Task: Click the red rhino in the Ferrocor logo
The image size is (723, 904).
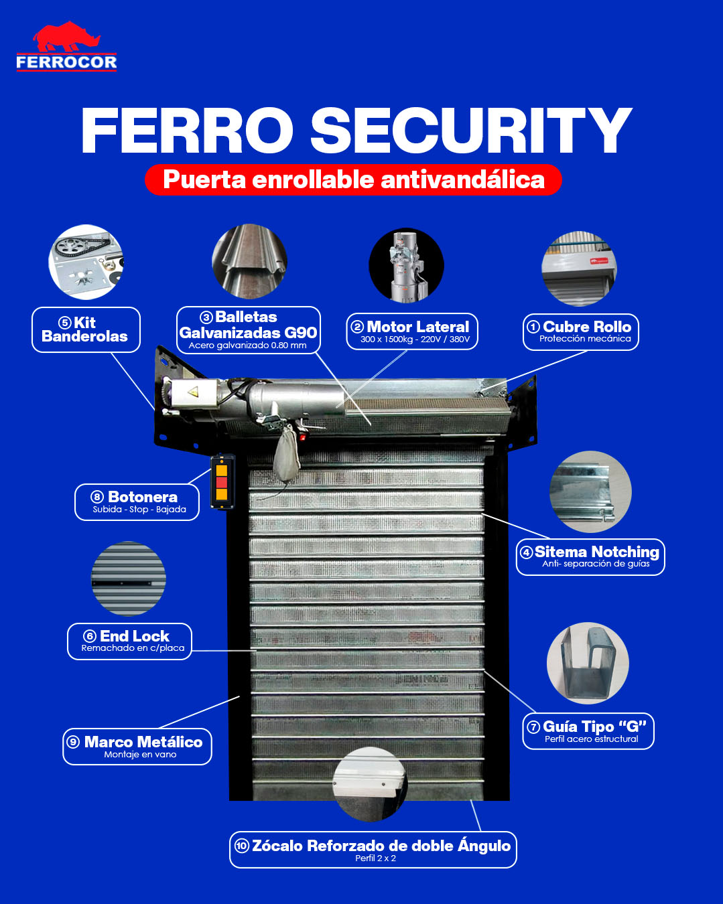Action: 66,37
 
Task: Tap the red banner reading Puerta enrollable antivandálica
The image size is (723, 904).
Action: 353,179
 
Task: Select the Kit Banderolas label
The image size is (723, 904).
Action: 86,329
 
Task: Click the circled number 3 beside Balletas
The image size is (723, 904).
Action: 206,317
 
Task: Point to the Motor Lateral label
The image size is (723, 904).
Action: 412,331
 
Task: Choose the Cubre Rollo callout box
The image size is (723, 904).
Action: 580,332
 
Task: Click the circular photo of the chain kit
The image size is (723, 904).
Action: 86,262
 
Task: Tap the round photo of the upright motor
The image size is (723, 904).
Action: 406,265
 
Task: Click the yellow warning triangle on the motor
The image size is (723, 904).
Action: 193,392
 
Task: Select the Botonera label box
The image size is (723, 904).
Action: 137,502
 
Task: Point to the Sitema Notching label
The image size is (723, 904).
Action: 590,557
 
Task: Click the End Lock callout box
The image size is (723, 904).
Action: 129,642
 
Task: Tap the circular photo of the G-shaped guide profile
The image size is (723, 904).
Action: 588,664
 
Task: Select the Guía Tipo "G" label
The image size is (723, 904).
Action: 588,731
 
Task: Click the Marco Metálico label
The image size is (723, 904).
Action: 137,747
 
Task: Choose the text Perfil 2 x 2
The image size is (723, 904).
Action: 375,858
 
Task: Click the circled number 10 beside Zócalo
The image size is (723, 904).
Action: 242,846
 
